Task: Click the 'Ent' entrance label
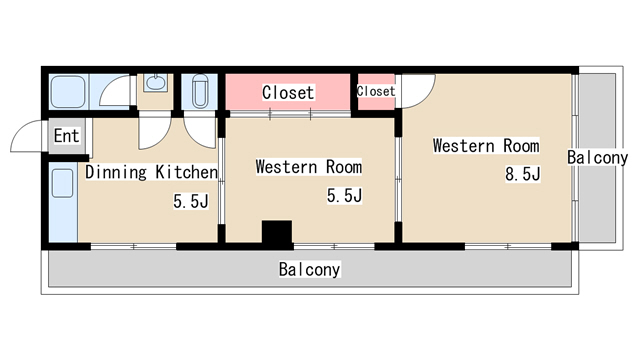point(67,136)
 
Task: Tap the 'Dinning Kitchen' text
point(151,172)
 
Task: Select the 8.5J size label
point(522,174)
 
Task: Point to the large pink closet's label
point(288,93)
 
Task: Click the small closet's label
point(376,91)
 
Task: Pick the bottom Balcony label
point(309,269)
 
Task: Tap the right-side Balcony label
point(598,158)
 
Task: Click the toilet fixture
point(200,91)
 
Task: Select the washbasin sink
point(156,83)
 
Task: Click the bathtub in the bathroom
point(68,92)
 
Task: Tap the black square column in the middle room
point(277,232)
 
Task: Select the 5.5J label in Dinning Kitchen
point(191,201)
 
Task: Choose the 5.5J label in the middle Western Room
point(344,196)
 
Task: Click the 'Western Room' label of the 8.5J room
point(486,146)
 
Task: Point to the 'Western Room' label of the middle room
point(309,167)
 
